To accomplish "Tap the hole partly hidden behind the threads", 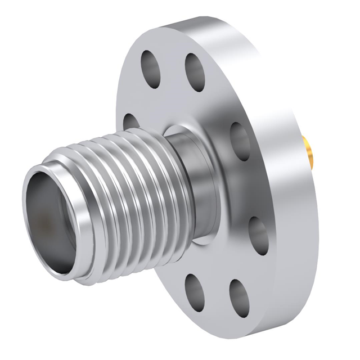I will coord(130,120).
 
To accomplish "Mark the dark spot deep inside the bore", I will coord(42,225).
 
